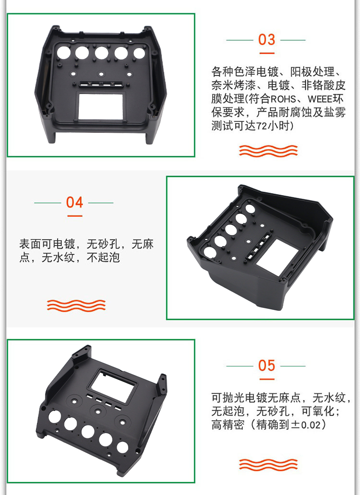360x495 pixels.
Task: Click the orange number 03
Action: pos(266,40)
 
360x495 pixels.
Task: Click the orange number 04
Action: pos(74,202)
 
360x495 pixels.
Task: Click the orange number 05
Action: pos(266,365)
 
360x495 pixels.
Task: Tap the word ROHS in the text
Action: pos(283,99)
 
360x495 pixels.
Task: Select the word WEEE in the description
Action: pos(320,99)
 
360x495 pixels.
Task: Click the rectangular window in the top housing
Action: pos(101,106)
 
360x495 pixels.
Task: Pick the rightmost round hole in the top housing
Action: pos(139,53)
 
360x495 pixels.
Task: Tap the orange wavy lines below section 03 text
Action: pos(268,151)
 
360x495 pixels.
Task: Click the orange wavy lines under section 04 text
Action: pos(76,305)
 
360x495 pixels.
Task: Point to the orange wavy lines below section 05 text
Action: pos(268,464)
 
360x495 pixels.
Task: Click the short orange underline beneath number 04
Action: pos(75,216)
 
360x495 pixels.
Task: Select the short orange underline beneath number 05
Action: pos(267,379)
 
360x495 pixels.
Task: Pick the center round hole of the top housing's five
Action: pos(101,53)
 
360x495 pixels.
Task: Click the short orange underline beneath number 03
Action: pos(267,53)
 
